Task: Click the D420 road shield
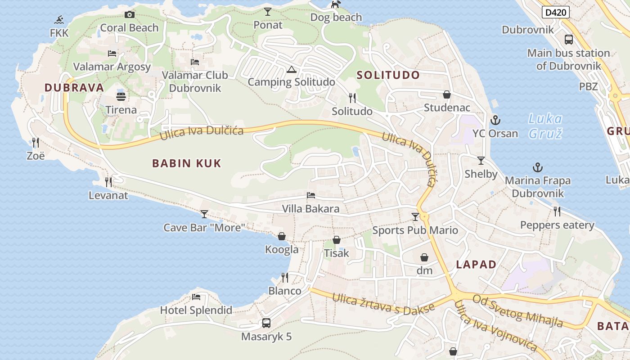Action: [556, 13]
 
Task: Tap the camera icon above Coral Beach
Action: [130, 15]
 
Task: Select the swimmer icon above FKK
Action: [59, 20]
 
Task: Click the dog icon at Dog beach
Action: [335, 5]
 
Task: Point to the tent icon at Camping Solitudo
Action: [291, 69]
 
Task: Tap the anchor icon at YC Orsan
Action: [495, 120]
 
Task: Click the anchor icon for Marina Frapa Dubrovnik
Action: [537, 167]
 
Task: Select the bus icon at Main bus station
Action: [569, 40]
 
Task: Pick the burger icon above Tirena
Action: [121, 96]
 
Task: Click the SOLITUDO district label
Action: [388, 75]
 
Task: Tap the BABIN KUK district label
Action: [187, 163]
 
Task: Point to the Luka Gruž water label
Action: [545, 126]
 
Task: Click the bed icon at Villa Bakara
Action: [310, 195]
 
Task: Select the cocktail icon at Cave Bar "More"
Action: [204, 214]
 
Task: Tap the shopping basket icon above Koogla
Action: [282, 236]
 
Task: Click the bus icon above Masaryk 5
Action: [266, 323]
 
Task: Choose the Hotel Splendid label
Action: [196, 310]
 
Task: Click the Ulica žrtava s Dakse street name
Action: [383, 304]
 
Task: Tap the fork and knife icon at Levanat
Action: [108, 182]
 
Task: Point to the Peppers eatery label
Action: [557, 225]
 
